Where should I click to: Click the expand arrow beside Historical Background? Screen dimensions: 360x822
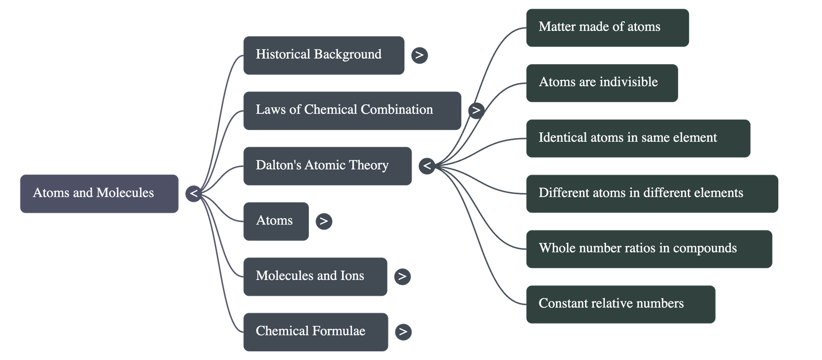419,55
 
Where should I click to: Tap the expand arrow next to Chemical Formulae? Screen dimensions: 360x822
403,331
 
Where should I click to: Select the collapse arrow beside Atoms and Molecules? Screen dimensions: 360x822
194,194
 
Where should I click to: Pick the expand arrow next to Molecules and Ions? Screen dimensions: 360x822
402,276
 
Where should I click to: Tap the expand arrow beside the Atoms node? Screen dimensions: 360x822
324,221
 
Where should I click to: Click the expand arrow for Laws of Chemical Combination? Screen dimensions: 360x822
476,110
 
